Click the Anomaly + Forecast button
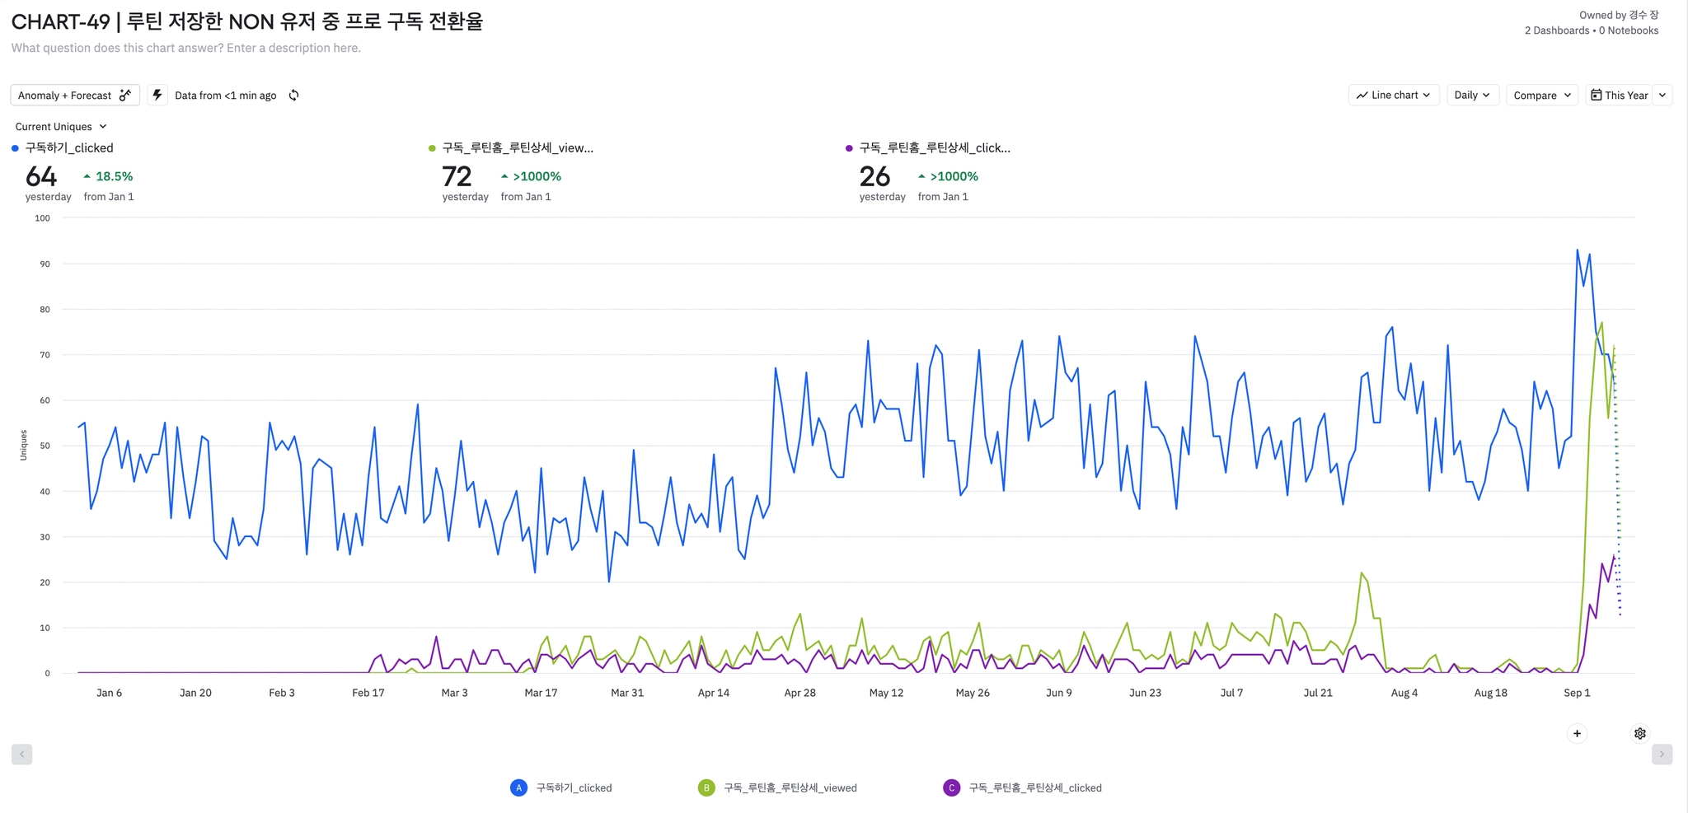point(74,96)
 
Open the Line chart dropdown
point(1393,96)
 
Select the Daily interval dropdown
point(1471,96)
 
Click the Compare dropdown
point(1541,96)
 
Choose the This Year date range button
point(1620,96)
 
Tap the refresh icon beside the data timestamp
point(294,96)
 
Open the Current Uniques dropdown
point(61,127)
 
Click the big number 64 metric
point(41,176)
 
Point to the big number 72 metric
point(457,176)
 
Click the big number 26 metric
point(874,176)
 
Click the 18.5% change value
point(114,176)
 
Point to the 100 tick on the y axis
point(42,218)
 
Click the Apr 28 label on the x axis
point(799,693)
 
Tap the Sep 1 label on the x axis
point(1577,693)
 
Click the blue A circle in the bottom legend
point(518,788)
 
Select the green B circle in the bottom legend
point(706,788)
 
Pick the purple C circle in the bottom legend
point(951,788)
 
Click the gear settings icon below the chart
point(1640,734)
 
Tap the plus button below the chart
point(1577,734)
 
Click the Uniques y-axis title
point(24,446)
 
